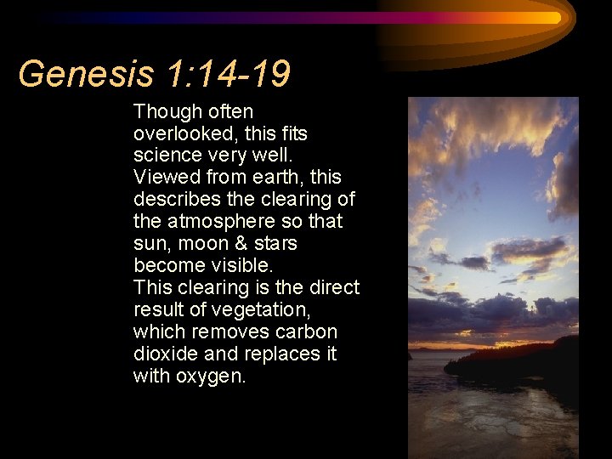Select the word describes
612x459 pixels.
click(x=174, y=200)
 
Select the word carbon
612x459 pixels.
click(x=309, y=332)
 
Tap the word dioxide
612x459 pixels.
click(x=161, y=354)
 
